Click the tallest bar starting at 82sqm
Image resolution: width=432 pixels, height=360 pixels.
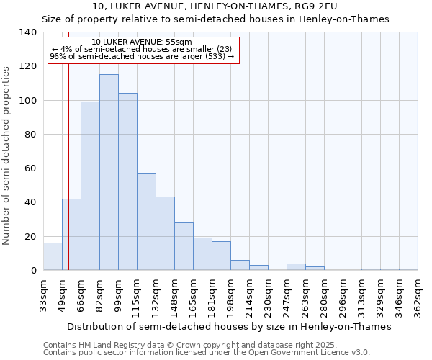click(109, 173)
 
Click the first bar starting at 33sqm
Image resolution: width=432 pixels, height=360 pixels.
click(53, 257)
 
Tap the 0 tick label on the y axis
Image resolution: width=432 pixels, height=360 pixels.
click(33, 271)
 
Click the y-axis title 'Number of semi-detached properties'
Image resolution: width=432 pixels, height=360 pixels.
click(7, 155)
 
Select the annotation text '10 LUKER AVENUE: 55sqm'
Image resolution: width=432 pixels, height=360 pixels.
click(143, 42)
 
